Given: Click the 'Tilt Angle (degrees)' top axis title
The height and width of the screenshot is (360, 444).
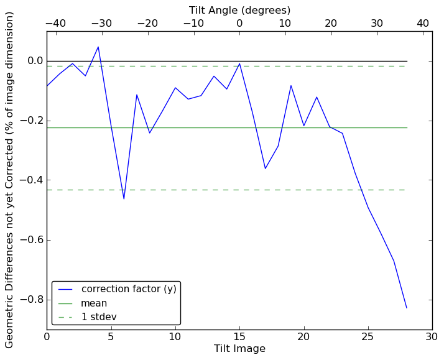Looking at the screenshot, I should tap(239, 10).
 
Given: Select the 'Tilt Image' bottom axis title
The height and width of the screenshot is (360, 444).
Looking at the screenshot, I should tap(239, 349).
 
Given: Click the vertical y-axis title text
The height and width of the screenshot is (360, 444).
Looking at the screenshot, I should tap(10, 180).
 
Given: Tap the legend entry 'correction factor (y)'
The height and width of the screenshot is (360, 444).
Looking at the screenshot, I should tap(129, 289).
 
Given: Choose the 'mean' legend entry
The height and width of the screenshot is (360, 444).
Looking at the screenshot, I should tap(94, 303).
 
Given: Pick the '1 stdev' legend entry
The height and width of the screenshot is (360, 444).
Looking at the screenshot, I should tap(99, 317).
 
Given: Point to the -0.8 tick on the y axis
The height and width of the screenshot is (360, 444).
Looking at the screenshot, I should tap(30, 300).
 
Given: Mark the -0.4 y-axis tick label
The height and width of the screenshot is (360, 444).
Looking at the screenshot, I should tap(30, 180).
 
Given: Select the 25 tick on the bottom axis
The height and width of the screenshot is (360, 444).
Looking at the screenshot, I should tap(368, 336).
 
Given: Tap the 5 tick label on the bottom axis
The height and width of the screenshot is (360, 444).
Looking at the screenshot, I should tap(111, 336).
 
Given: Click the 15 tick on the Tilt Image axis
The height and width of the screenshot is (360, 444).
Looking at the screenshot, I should tap(239, 336).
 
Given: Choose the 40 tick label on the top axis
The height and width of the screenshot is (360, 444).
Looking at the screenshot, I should tap(423, 24).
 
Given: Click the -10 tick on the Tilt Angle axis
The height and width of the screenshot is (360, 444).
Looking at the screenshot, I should tap(193, 24).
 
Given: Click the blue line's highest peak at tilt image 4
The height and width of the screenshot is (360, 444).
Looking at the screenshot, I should tap(98, 47).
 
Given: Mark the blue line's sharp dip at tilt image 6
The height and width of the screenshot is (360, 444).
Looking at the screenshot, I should tap(124, 199).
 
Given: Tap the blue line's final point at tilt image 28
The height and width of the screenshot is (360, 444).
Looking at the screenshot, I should tap(407, 308).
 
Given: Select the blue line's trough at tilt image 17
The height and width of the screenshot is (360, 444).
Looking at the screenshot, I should tap(265, 168).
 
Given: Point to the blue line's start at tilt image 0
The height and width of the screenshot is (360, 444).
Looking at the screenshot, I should tap(47, 86).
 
